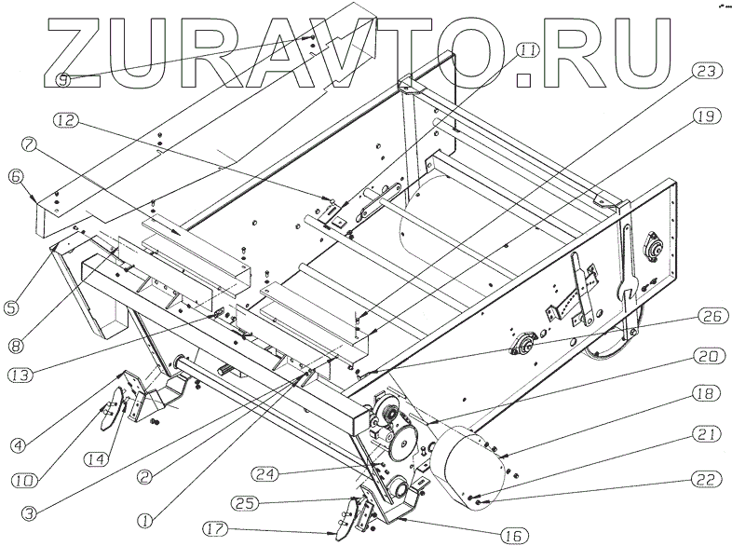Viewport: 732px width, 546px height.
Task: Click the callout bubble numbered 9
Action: click(62, 79)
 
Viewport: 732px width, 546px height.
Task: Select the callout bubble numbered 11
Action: click(527, 49)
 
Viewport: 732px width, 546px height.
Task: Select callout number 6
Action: click(16, 175)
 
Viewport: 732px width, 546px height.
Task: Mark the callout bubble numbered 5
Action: click(16, 304)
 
